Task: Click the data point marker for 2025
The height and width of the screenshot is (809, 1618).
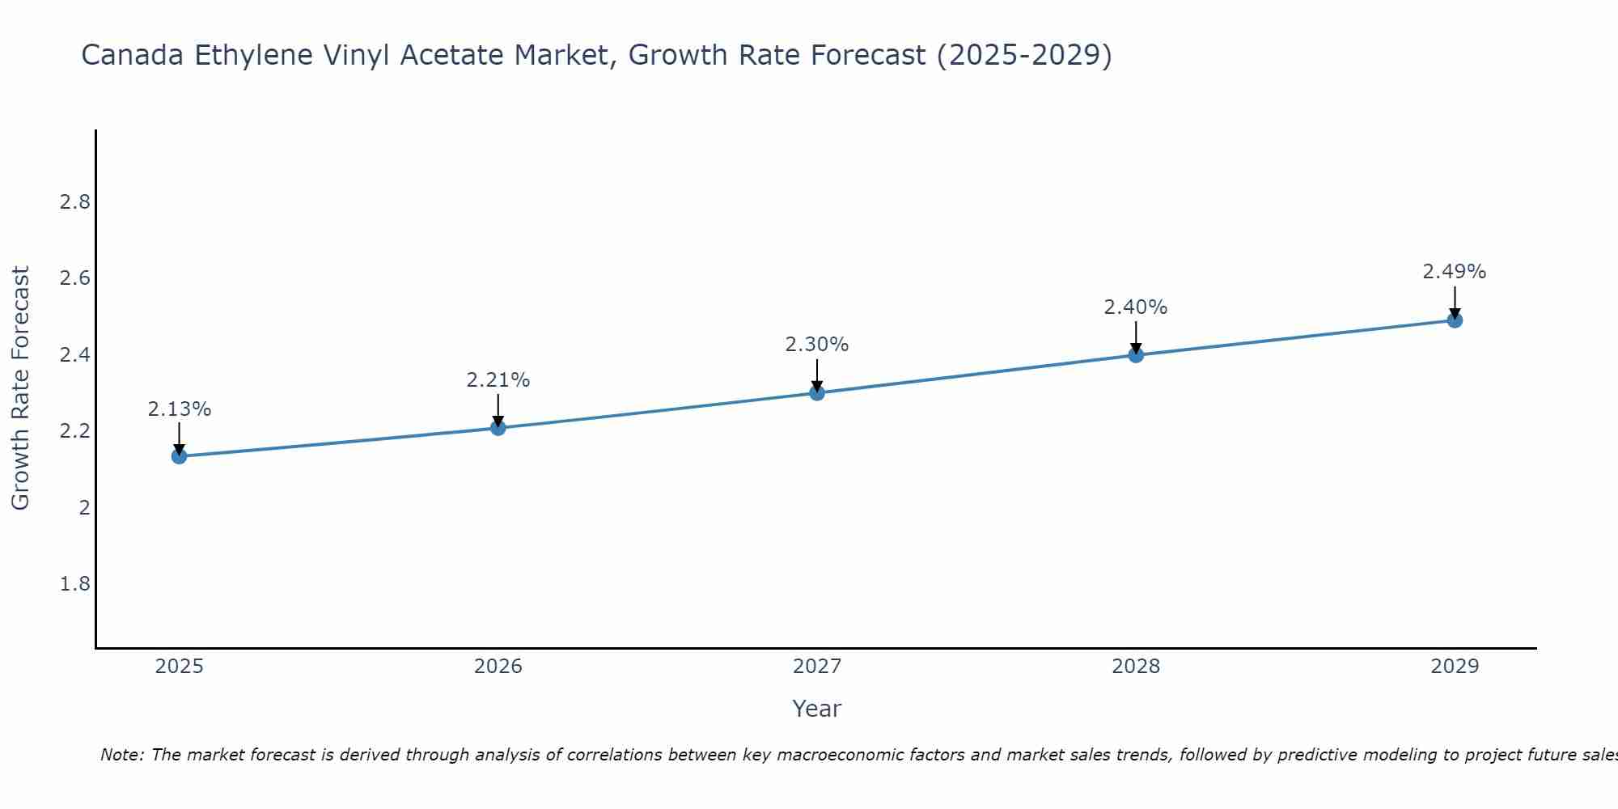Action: coord(180,456)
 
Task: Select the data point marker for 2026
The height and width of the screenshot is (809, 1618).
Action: coord(498,427)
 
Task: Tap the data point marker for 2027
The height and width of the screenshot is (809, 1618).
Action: coord(817,393)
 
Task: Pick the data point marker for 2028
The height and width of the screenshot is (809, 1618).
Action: coord(1136,354)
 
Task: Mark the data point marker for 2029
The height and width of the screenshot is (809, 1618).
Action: coord(1455,320)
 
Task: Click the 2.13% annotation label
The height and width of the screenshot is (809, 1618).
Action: coord(180,409)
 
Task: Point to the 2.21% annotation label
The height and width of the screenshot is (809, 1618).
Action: coord(498,380)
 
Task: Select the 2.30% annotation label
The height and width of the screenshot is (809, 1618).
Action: coord(817,345)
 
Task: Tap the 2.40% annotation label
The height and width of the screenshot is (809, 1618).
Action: coord(1136,307)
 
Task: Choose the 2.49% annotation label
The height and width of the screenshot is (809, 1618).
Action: coord(1455,272)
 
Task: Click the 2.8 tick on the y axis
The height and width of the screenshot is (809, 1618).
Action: coord(75,202)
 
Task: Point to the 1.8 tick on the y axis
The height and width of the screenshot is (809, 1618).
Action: coord(75,584)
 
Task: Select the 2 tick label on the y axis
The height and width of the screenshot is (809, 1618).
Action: coord(84,508)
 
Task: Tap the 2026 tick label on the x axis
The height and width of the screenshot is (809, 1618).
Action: coord(498,667)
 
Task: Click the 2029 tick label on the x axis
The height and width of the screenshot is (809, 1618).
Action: coord(1455,667)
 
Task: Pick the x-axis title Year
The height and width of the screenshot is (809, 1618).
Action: coord(817,709)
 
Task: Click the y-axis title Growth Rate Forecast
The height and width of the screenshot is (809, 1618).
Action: coord(20,388)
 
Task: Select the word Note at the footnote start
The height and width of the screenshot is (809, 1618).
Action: coord(121,755)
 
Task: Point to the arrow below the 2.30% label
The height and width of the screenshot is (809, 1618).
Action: coord(817,375)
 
